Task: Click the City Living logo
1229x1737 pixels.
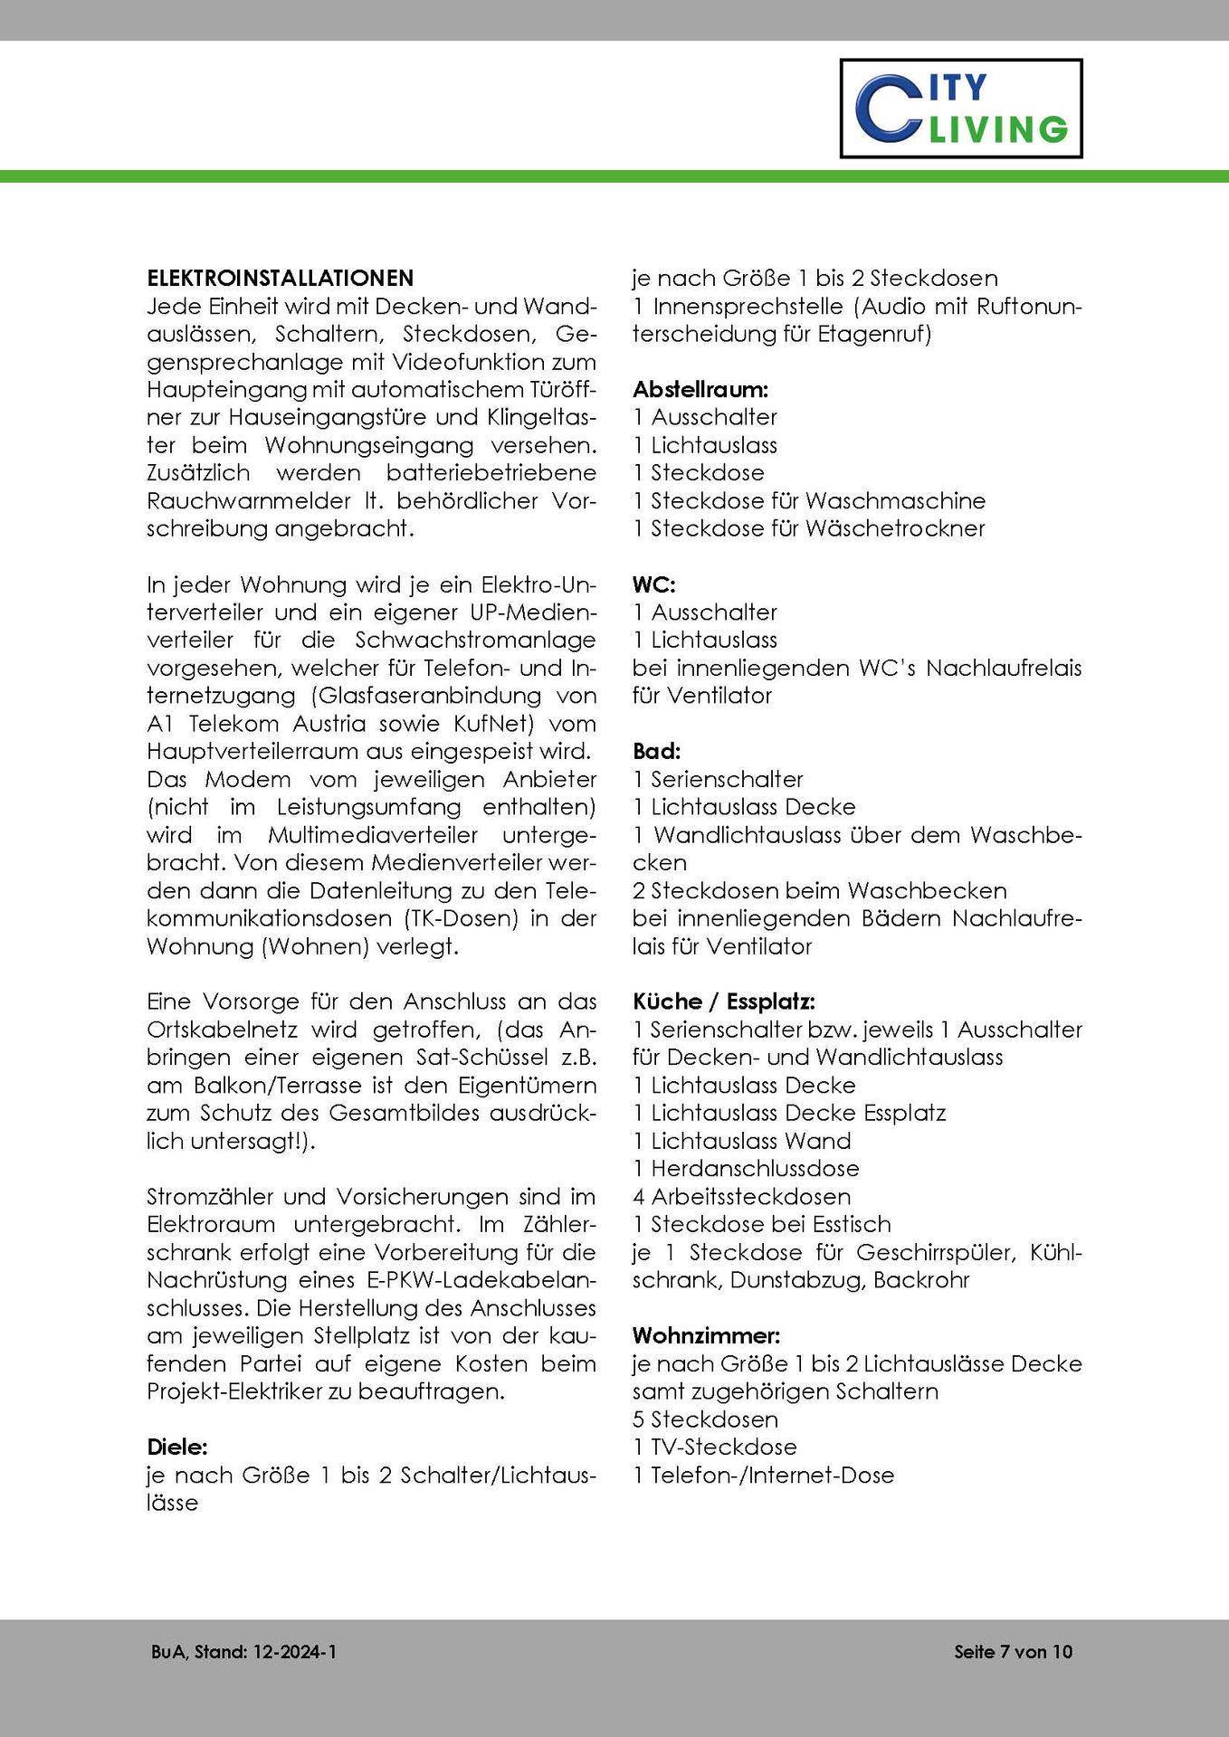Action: (960, 109)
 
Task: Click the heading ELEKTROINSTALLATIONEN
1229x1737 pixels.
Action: (280, 278)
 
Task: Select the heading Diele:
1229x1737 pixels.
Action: (177, 1447)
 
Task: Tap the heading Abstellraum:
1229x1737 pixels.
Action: (700, 390)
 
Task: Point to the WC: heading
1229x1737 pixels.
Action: (653, 584)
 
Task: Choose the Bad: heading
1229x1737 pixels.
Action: (656, 751)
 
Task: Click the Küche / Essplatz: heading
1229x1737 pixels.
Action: (723, 1001)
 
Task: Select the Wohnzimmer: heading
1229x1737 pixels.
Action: (706, 1335)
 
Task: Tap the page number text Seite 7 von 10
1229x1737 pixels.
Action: (1013, 1652)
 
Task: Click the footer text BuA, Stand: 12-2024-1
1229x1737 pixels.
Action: (244, 1652)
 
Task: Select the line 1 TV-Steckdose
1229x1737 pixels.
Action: (715, 1447)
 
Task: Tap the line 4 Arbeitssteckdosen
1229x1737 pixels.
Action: (741, 1196)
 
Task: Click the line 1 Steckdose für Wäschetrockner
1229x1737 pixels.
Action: (808, 528)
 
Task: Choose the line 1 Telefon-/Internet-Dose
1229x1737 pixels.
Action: (763, 1475)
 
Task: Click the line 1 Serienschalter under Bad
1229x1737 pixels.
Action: (718, 779)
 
